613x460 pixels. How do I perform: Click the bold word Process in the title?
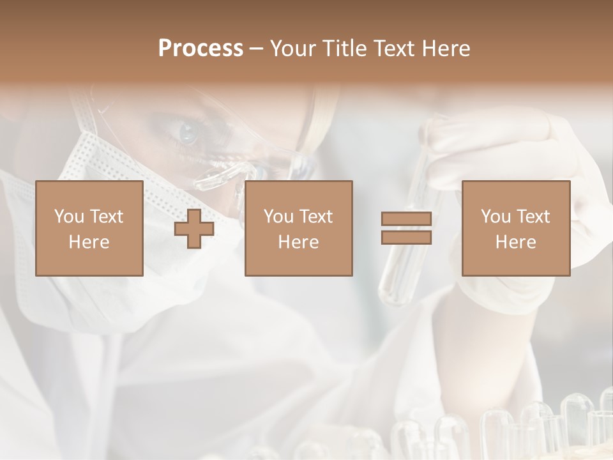[201, 49]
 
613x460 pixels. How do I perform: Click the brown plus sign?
[194, 228]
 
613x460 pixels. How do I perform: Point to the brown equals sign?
[407, 228]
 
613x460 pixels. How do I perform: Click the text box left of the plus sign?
[89, 228]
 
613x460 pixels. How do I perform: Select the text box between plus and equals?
[299, 228]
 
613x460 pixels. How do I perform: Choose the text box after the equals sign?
[516, 228]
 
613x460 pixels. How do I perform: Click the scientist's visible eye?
[189, 133]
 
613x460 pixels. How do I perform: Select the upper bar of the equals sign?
[407, 219]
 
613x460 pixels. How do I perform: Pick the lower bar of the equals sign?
[407, 237]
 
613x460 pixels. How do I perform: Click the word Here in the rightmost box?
[516, 242]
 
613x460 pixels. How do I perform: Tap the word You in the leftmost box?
[68, 217]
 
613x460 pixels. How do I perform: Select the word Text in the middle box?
[315, 217]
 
